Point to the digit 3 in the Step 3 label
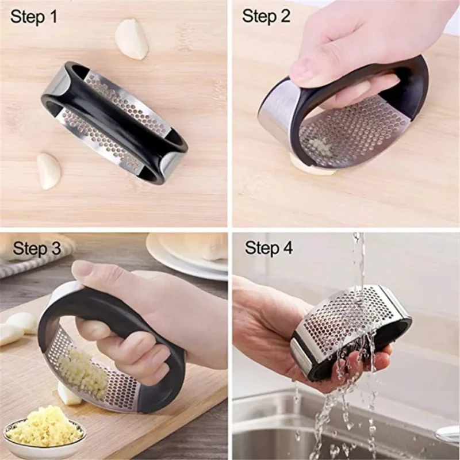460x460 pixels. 55,248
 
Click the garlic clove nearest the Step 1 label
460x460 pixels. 132,39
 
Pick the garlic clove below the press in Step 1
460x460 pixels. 49,170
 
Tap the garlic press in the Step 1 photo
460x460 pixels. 115,121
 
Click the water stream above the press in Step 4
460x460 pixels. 358,259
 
